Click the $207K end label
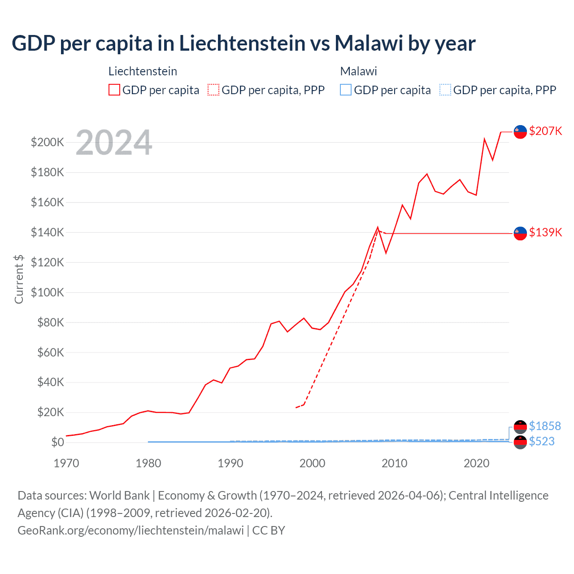click(x=545, y=131)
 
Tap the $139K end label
click(x=545, y=232)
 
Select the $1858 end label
click(x=545, y=426)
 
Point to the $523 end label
click(x=542, y=442)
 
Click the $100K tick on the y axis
click(x=48, y=292)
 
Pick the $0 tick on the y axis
click(x=57, y=443)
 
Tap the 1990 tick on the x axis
click(x=230, y=463)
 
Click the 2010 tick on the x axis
click(x=394, y=463)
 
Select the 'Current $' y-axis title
click(x=19, y=279)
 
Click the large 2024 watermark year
click(x=114, y=143)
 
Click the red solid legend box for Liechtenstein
click(x=114, y=90)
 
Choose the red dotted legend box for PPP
click(x=213, y=90)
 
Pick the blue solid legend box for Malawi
click(x=346, y=90)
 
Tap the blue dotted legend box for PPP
click(x=445, y=90)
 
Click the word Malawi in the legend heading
click(x=358, y=71)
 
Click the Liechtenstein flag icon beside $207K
click(x=520, y=132)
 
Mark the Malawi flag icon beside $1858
click(x=520, y=426)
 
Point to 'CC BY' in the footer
click(x=269, y=531)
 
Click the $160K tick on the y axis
click(x=48, y=202)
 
